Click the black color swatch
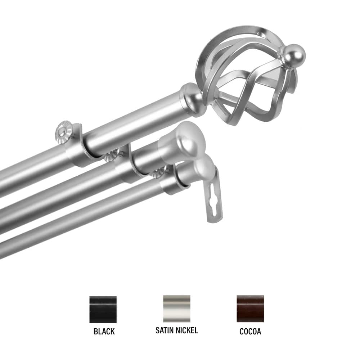pos(103,309)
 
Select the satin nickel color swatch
pos(176,309)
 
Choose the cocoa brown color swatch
pos(250,309)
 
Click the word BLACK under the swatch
pos(104,332)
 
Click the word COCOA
pos(250,332)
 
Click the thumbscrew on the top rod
pos(64,132)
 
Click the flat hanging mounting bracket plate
pos(215,202)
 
